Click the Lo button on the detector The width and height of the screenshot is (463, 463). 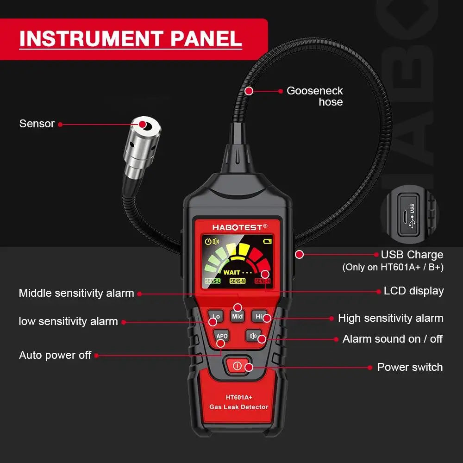(x=215, y=317)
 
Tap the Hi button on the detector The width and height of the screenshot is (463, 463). (x=260, y=317)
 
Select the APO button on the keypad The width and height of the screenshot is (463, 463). (x=222, y=336)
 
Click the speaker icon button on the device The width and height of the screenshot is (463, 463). (x=253, y=336)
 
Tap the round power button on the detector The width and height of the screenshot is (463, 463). (x=238, y=366)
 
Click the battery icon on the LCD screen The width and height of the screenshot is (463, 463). (x=268, y=241)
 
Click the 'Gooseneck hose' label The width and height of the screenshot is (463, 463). (x=315, y=96)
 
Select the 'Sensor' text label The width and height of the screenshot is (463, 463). (x=37, y=124)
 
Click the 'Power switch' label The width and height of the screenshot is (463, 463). (x=410, y=367)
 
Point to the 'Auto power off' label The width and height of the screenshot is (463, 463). (x=55, y=355)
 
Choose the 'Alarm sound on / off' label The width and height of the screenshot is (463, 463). (x=392, y=339)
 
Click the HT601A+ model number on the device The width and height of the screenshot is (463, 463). (x=239, y=397)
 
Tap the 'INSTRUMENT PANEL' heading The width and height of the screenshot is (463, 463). (x=131, y=38)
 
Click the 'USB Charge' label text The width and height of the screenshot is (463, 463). (x=412, y=255)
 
